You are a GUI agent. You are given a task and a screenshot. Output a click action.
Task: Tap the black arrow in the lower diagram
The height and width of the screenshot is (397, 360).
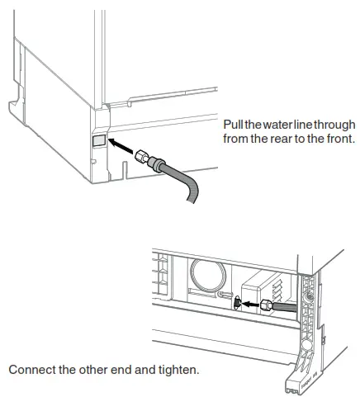(249, 304)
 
